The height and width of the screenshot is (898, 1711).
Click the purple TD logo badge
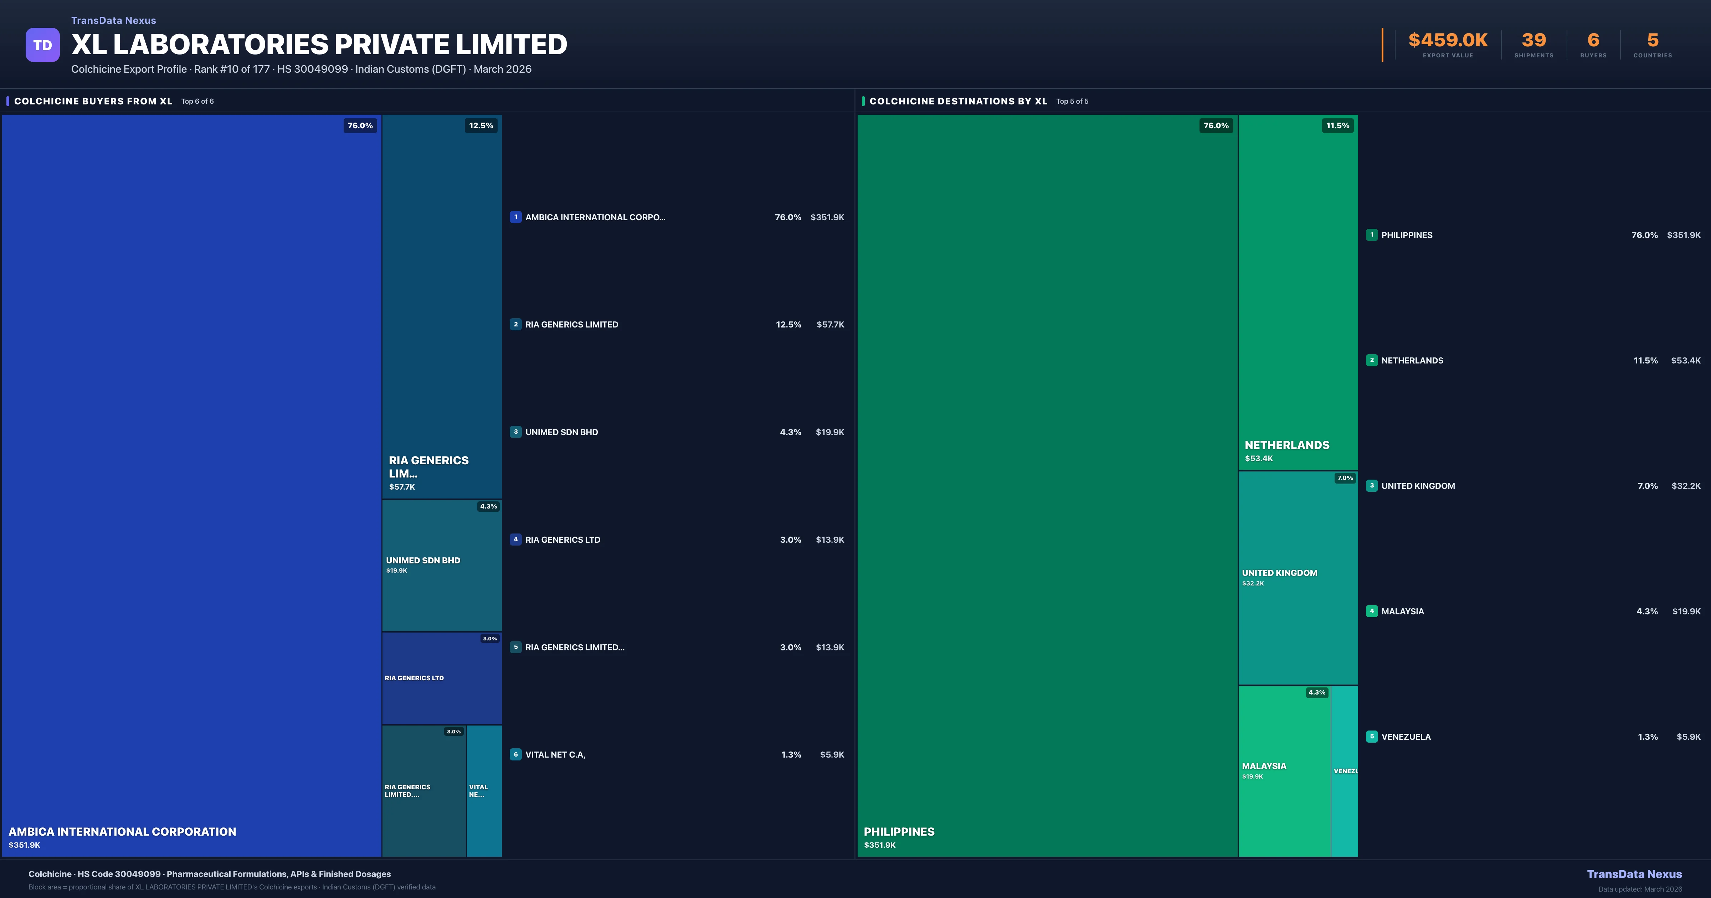(42, 45)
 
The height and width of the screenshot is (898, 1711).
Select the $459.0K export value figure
(1448, 41)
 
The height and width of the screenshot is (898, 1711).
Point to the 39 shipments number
(1533, 41)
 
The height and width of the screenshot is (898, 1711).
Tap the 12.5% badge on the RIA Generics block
(481, 125)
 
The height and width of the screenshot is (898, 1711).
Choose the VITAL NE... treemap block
(484, 790)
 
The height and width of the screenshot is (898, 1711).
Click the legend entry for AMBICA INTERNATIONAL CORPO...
(595, 217)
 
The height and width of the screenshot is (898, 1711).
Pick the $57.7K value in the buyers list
(830, 325)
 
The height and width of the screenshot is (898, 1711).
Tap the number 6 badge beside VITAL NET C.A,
(515, 754)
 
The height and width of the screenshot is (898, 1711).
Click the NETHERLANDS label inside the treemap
(1286, 445)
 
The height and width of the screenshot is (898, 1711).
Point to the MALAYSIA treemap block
(1284, 770)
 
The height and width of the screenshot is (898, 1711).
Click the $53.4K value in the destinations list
(1686, 361)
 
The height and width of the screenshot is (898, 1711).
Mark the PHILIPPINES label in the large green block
(899, 832)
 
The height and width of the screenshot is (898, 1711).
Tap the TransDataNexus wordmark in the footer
(1634, 874)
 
